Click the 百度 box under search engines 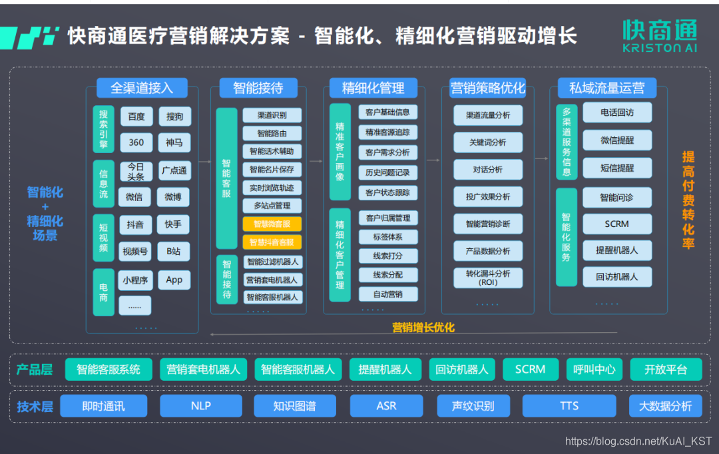pos(136,116)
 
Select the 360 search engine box pos(136,142)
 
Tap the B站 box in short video pos(174,251)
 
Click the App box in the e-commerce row pos(174,280)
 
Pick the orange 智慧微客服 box pos(272,224)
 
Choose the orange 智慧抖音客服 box pos(272,242)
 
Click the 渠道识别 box pos(272,115)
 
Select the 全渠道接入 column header pos(141,88)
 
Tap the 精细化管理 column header pos(373,88)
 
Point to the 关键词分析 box pos(487,142)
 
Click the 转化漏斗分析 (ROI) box pos(487,278)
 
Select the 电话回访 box pos(616,113)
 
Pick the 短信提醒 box pos(616,168)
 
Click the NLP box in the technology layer pos(200,405)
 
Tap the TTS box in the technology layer pos(569,405)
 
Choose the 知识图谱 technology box pos(294,405)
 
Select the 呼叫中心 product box pos(594,369)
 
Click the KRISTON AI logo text pos(660,49)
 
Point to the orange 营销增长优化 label pos(423,328)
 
